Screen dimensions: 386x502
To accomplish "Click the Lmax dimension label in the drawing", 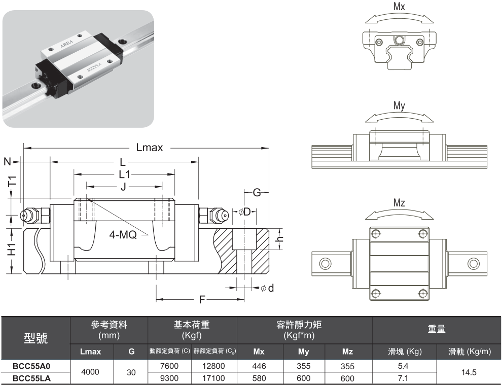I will point(150,148).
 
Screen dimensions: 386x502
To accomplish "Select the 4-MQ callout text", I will point(124,235).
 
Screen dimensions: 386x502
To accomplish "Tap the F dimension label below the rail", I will point(202,300).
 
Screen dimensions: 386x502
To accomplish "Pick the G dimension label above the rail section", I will point(257,193).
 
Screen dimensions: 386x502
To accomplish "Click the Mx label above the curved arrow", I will point(400,7).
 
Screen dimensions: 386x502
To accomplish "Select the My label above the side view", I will point(400,106).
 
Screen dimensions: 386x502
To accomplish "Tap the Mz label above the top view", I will point(400,203).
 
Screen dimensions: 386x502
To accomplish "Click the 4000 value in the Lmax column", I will point(91,372).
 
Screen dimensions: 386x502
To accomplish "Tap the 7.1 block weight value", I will point(404,378).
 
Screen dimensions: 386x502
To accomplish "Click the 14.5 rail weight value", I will point(469,372).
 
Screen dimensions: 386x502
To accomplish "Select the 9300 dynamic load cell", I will point(169,378).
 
